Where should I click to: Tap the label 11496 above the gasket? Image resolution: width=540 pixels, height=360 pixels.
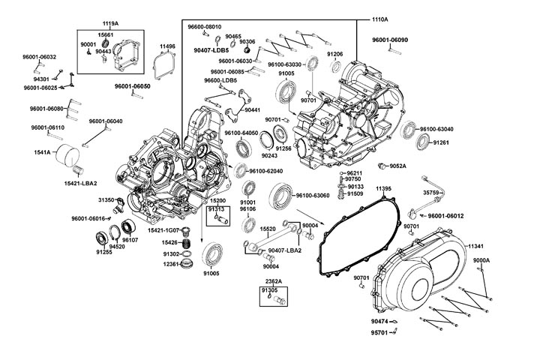tap(167, 46)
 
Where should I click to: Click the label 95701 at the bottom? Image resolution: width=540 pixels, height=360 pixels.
tap(379, 332)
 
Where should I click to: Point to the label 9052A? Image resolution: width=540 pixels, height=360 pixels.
tap(397, 166)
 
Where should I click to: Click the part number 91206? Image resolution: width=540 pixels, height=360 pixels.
tap(334, 54)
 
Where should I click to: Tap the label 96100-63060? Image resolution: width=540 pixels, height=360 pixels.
tap(313, 196)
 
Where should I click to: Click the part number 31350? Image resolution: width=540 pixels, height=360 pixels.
tap(106, 200)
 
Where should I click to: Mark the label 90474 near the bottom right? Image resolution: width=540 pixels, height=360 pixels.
tap(379, 321)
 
